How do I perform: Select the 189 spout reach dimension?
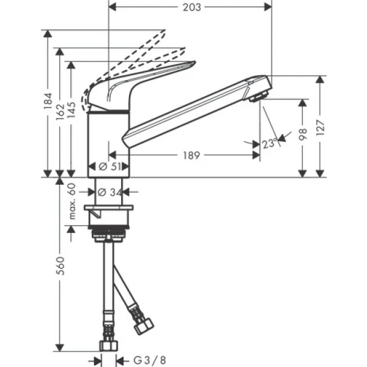191,156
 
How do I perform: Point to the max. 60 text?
72,201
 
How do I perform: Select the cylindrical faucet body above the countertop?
109,138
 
